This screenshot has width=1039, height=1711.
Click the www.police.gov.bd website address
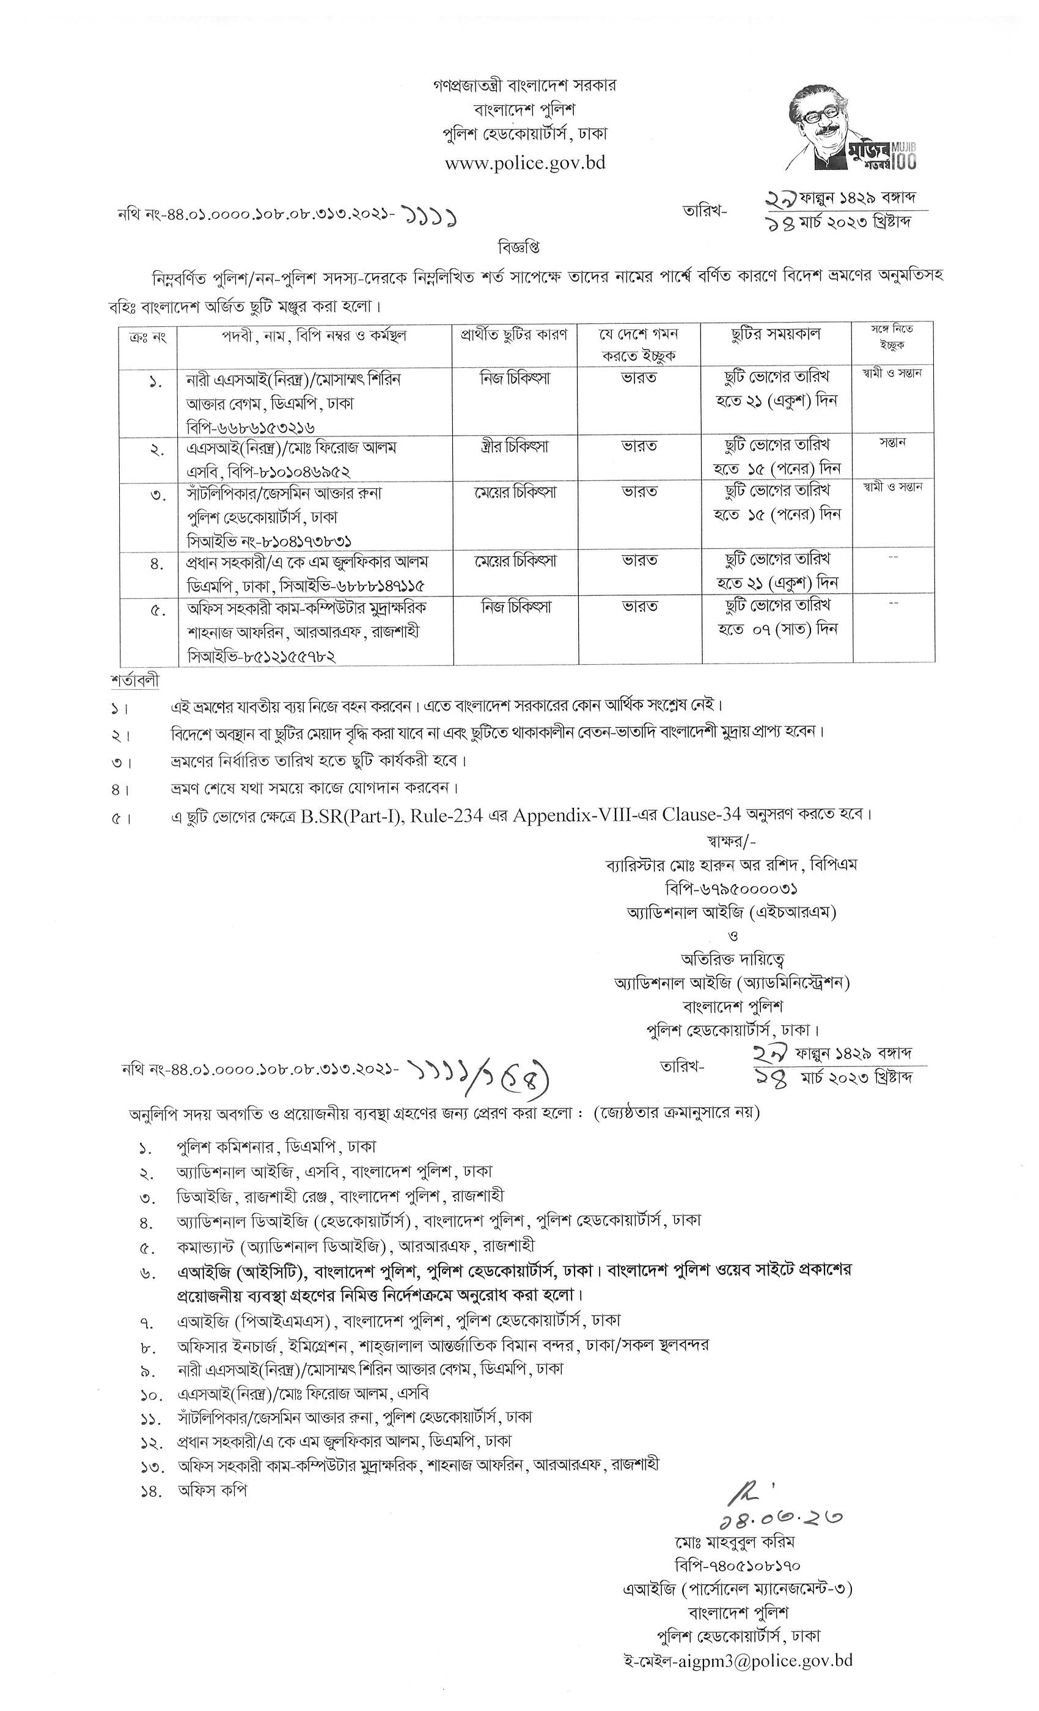pos(524,163)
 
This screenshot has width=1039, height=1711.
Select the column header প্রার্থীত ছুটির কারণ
pos(515,335)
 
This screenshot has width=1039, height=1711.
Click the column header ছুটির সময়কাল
pos(775,335)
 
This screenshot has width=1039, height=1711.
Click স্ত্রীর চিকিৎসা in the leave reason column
pos(515,447)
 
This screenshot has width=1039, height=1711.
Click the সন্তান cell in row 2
pos(892,442)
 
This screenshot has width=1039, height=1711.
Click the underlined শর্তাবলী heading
pos(134,681)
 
